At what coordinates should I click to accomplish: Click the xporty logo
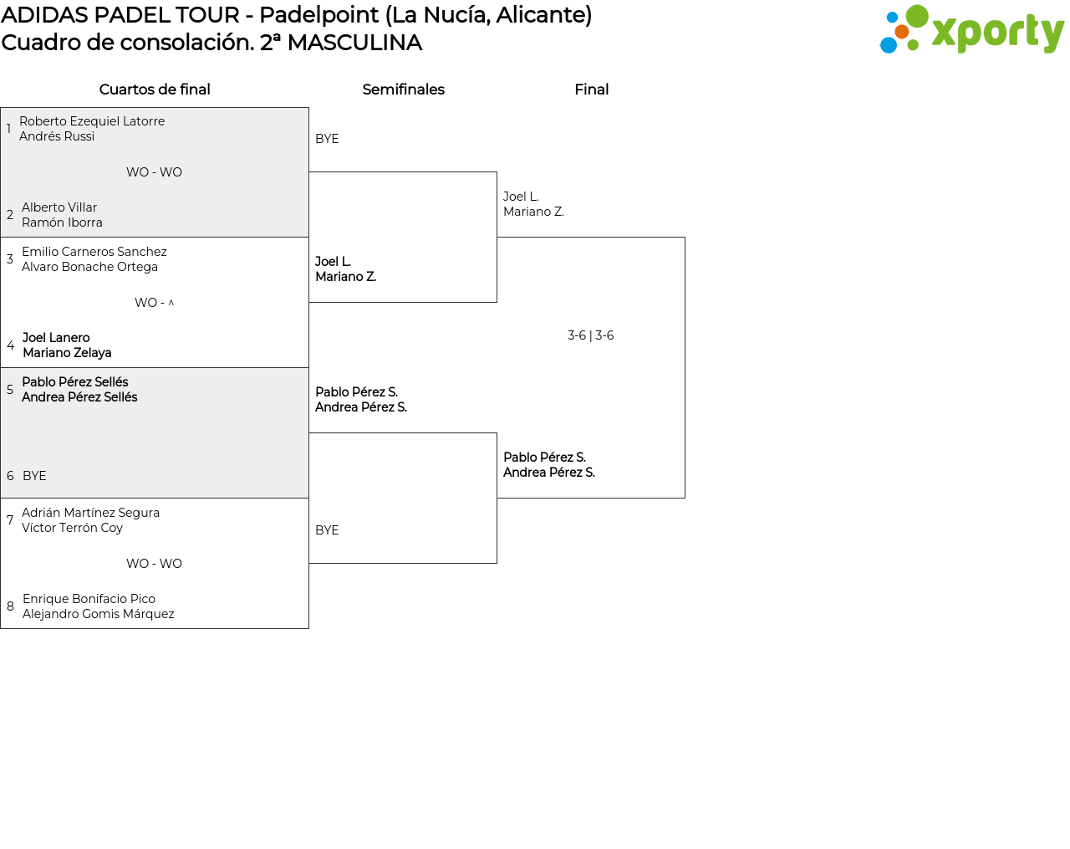click(971, 30)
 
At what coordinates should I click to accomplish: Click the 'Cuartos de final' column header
click(155, 90)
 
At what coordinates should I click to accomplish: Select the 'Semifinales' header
click(403, 90)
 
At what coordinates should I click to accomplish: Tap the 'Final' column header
click(591, 90)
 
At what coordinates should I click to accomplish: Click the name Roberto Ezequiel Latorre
click(92, 121)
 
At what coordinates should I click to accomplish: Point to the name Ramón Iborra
click(62, 222)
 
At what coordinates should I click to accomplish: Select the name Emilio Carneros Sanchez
click(94, 252)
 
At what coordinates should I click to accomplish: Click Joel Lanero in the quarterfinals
click(56, 338)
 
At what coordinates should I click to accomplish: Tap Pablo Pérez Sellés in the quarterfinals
click(75, 382)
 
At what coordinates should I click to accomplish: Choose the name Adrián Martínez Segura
click(90, 513)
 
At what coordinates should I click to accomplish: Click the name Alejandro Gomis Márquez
click(99, 614)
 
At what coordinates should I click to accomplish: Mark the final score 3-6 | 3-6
click(590, 335)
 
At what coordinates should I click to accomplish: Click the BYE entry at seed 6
click(34, 476)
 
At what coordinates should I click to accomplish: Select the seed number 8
click(10, 606)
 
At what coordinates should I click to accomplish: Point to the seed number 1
click(8, 129)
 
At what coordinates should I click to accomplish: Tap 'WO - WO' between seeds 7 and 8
click(154, 564)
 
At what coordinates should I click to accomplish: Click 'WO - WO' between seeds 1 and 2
click(154, 172)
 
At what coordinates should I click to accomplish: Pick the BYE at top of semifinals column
click(327, 139)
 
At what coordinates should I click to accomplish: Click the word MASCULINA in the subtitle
click(354, 43)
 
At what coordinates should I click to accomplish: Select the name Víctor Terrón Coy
click(72, 528)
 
